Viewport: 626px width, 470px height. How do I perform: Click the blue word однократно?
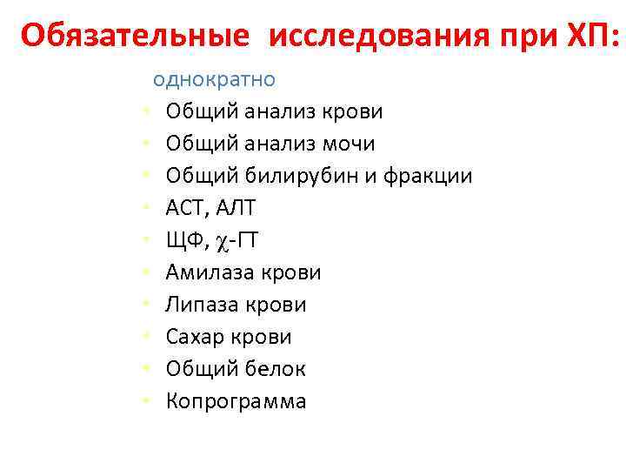tap(214, 79)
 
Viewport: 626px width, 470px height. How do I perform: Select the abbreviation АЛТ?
tap(236, 209)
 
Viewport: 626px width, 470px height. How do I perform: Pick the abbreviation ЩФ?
tap(183, 241)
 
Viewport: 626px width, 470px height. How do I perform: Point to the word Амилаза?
tap(209, 273)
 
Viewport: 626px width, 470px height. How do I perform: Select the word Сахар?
tap(196, 337)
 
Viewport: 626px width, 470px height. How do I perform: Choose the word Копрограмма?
tap(236, 401)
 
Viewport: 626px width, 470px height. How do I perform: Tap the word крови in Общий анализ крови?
tap(353, 111)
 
